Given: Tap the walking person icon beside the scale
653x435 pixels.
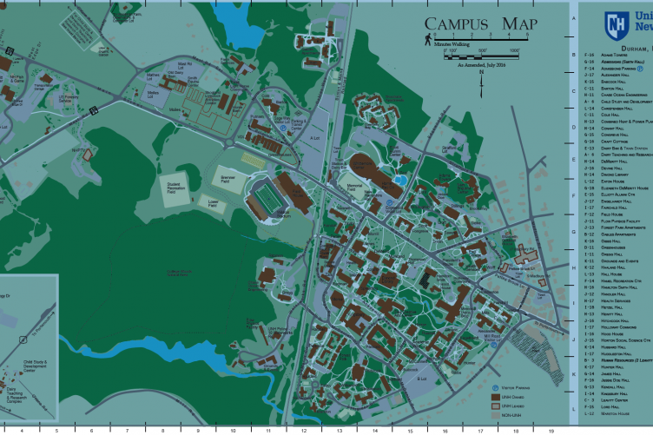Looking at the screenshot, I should [428, 40].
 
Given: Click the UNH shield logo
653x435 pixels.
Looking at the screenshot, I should [617, 23].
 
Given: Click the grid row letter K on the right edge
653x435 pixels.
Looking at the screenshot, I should [574, 372].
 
